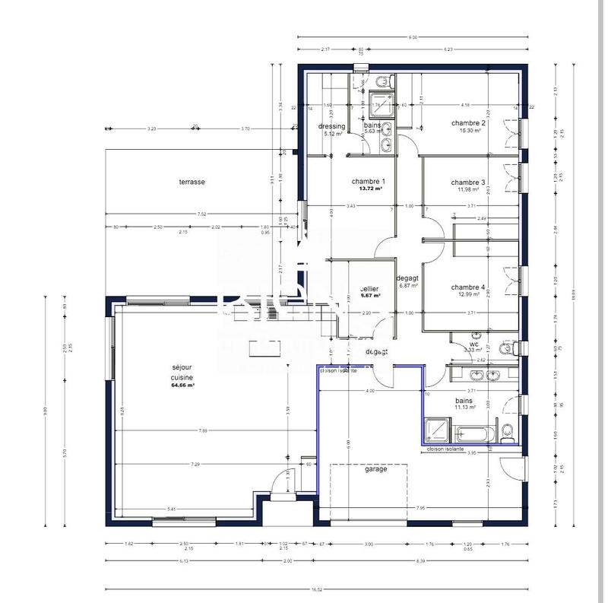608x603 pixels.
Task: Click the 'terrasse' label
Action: (x=192, y=182)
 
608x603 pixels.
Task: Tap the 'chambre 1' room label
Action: (x=369, y=181)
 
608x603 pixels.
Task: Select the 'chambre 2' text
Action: (x=468, y=122)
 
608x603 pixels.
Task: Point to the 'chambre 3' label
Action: (x=468, y=182)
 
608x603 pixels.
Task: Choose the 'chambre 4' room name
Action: (x=468, y=287)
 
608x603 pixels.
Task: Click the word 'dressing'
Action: (x=332, y=126)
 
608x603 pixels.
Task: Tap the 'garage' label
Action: (x=375, y=469)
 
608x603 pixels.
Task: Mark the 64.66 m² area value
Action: (x=182, y=386)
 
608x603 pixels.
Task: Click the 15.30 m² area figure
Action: (x=468, y=130)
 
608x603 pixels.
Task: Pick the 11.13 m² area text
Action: (x=464, y=407)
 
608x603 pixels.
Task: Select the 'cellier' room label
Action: (x=370, y=289)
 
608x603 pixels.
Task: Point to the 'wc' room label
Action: (x=474, y=344)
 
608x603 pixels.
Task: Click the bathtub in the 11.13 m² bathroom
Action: (x=475, y=433)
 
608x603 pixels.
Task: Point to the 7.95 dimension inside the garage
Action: (x=420, y=508)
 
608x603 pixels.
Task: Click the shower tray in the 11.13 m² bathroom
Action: (x=439, y=430)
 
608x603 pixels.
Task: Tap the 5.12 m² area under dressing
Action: (x=332, y=133)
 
